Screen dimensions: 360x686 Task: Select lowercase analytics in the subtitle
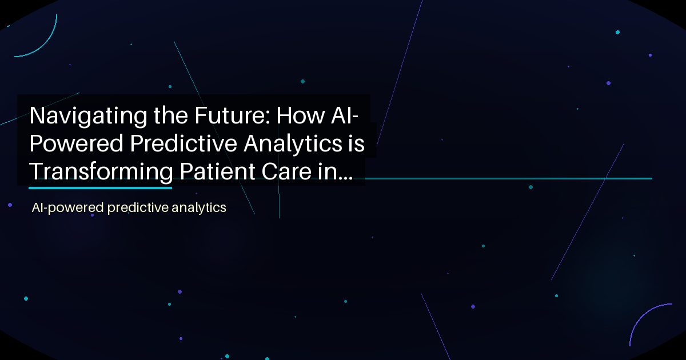204,208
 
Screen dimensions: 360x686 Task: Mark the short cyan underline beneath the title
100,187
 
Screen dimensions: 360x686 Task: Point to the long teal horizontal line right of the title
509,179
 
